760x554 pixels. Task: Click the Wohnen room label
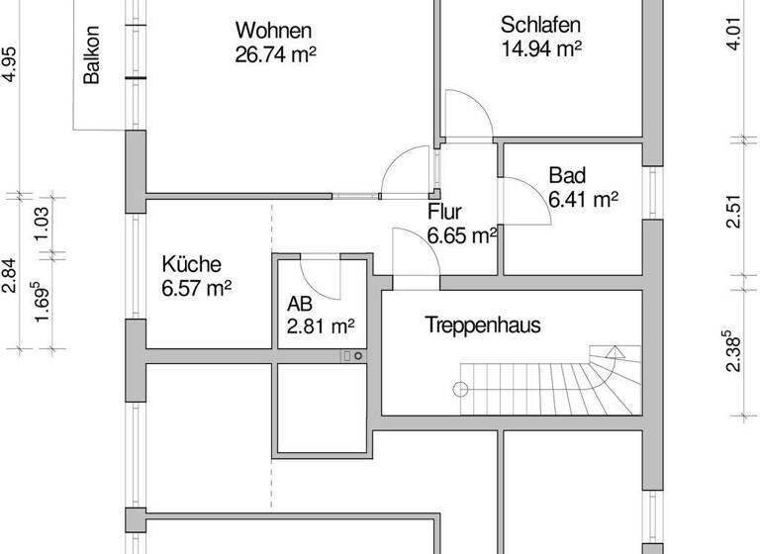click(274, 31)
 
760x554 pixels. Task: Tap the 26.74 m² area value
click(274, 54)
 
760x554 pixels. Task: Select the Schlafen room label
click(540, 25)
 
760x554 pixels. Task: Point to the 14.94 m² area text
click(540, 47)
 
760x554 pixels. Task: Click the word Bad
click(567, 176)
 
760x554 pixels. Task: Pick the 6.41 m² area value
click(584, 199)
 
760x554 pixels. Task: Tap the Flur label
click(444, 213)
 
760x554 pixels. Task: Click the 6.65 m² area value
click(461, 235)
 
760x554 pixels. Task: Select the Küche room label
click(191, 265)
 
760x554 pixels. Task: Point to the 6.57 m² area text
click(196, 288)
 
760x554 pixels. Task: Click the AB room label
click(300, 304)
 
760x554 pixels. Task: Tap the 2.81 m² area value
click(321, 324)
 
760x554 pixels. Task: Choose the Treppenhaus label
click(483, 324)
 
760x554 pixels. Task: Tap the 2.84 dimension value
click(9, 274)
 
